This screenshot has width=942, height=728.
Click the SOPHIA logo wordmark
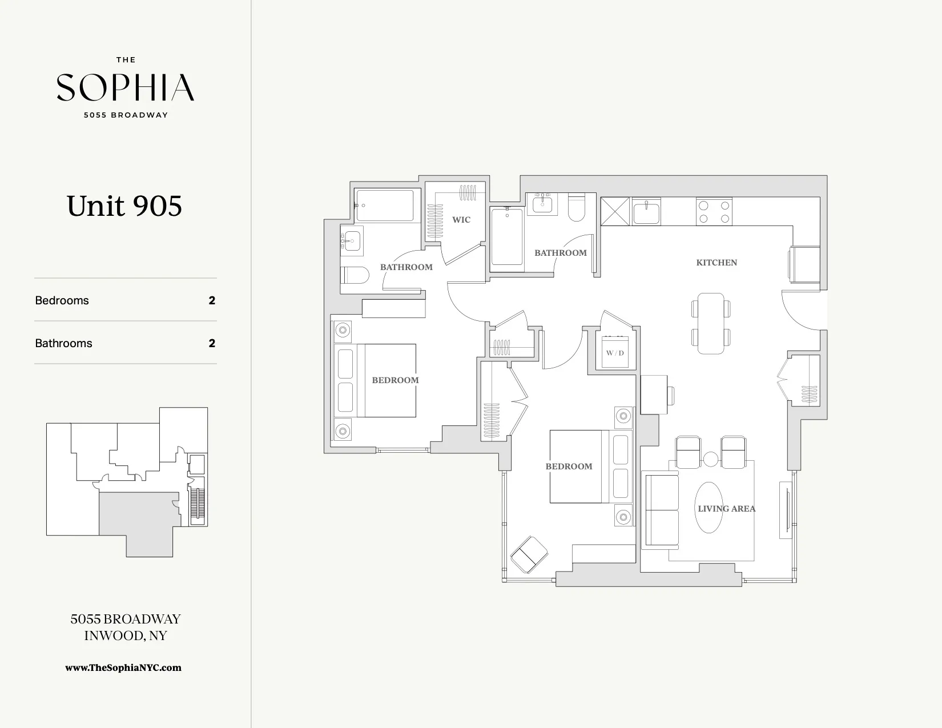(x=125, y=87)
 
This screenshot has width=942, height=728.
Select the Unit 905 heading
(x=124, y=206)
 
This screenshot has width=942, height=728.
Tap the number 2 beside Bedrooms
(x=212, y=300)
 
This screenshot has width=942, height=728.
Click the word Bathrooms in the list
(x=63, y=343)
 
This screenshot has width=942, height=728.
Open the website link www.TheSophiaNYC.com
(x=123, y=667)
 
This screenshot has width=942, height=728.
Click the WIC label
(x=461, y=220)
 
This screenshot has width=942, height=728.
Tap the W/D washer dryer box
(x=615, y=353)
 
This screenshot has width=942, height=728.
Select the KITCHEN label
(x=716, y=263)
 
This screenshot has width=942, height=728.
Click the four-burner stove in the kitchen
(x=714, y=211)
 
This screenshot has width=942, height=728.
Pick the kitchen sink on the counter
(x=646, y=212)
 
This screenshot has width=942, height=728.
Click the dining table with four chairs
(x=711, y=323)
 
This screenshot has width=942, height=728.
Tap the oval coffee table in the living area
(x=708, y=508)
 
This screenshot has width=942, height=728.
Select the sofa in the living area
(x=661, y=510)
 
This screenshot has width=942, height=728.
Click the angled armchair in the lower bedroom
(x=529, y=553)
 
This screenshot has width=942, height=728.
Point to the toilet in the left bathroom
(x=354, y=275)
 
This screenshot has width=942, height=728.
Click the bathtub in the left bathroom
(x=384, y=206)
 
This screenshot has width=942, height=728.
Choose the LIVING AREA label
(x=726, y=509)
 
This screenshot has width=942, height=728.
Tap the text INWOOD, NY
(x=125, y=636)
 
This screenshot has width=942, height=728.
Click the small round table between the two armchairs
(x=710, y=458)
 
